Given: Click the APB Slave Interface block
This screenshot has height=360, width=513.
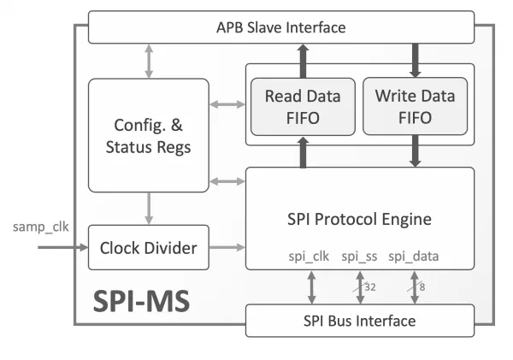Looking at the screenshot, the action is pos(281,27).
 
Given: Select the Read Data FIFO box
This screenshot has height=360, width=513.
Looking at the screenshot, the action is pos(303,107).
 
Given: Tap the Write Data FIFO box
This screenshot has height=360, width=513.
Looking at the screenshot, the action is pos(416,106).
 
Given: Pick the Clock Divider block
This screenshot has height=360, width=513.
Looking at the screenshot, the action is pos(149,247).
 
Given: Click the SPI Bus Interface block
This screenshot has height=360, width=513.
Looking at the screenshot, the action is pos(360,321).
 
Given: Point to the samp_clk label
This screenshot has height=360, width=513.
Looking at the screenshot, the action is pos(40,227).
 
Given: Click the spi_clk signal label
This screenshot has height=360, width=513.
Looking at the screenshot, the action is pos(309,257).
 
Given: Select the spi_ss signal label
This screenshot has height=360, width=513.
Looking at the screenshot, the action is pos(359,257).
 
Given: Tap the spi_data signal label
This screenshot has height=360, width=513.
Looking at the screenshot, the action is pos(414,257).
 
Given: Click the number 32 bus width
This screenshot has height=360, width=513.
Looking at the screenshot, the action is pos(370,287).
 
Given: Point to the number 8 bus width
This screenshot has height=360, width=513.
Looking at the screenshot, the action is pos(422,287).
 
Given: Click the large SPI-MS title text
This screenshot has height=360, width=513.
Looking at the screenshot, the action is pos(141,301).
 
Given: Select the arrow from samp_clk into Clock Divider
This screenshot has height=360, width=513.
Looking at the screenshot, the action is pos(62,247).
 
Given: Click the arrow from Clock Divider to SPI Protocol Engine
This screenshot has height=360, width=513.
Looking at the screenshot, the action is pos(227,247).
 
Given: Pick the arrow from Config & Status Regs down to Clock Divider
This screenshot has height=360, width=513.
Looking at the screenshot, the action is pos(149,209).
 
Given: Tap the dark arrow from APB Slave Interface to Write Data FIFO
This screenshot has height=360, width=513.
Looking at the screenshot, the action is pos(416,61).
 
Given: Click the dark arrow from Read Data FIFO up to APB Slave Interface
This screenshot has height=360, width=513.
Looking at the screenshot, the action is pos(303,61).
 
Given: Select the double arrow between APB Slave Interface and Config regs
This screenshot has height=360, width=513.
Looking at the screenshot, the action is pos(149,62).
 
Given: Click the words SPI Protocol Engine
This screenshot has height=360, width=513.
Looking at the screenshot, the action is pos(359,219).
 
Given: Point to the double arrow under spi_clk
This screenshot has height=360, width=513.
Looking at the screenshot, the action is pos(311,287).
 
